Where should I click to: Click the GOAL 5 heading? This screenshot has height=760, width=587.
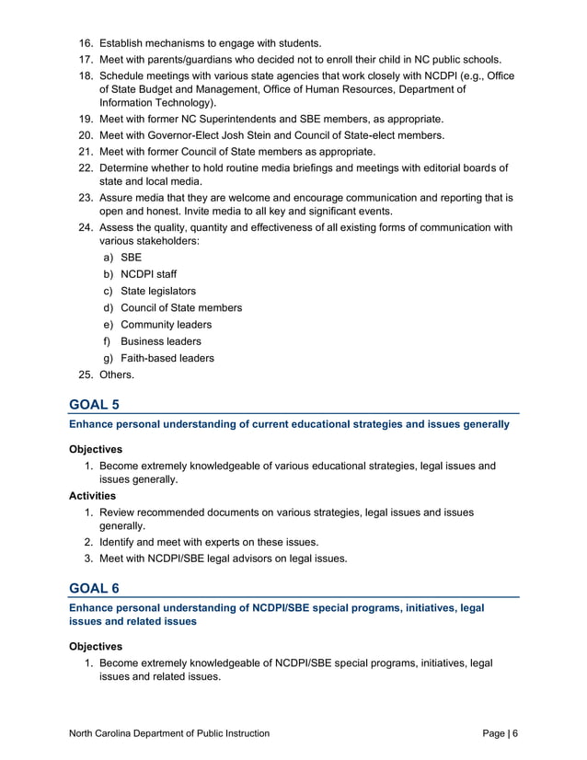94,403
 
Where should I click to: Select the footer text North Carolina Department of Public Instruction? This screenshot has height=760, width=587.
169,733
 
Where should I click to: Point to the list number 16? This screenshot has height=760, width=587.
85,43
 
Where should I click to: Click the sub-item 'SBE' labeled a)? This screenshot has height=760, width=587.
132,258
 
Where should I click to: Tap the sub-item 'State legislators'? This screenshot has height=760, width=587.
158,291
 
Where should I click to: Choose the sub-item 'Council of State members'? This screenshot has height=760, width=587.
181,307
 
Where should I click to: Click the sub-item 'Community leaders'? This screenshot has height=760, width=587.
166,325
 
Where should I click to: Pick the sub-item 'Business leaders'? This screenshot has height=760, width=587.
161,341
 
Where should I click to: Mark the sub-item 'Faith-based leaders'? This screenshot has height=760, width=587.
167,358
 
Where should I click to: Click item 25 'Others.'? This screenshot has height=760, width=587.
116,374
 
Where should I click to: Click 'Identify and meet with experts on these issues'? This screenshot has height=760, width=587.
209,542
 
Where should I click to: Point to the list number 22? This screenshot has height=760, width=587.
85,167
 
